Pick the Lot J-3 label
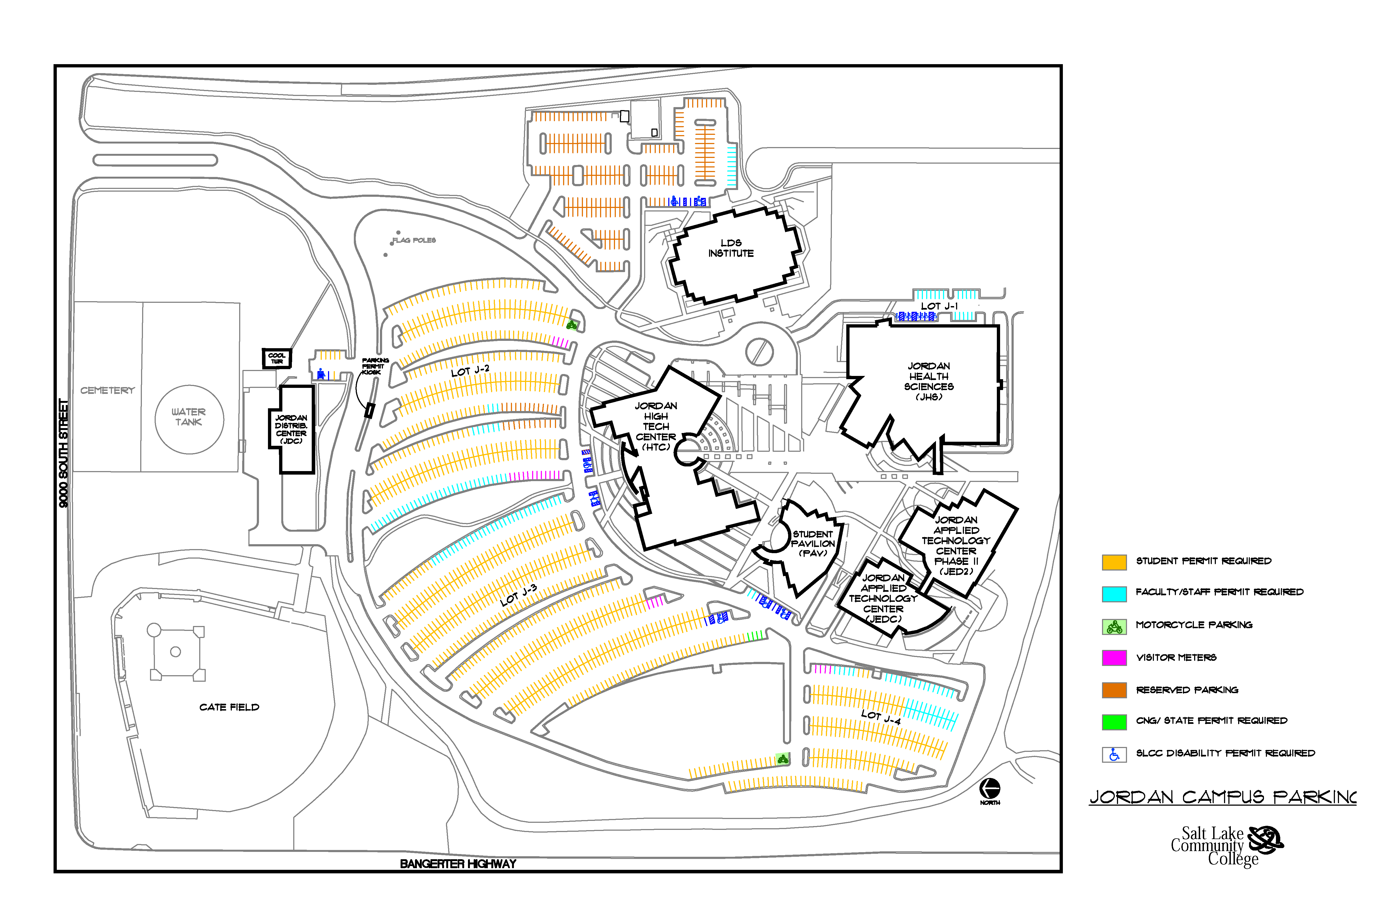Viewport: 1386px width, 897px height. [x=518, y=595]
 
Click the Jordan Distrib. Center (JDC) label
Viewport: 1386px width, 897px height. [x=291, y=429]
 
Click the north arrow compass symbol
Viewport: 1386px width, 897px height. [x=989, y=789]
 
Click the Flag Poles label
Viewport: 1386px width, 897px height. [x=413, y=240]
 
